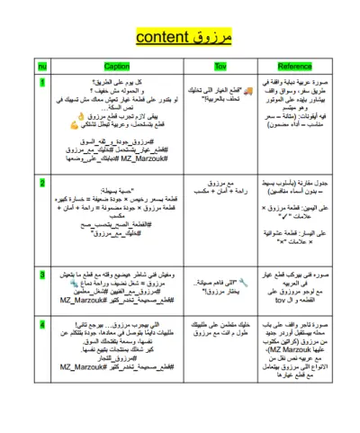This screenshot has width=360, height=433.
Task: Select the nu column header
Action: point(44,66)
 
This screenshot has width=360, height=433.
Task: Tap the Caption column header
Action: point(117,66)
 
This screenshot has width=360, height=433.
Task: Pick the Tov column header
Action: point(219,66)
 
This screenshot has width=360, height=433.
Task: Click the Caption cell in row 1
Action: point(117,122)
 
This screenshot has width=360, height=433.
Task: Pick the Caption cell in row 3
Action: point(117,288)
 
